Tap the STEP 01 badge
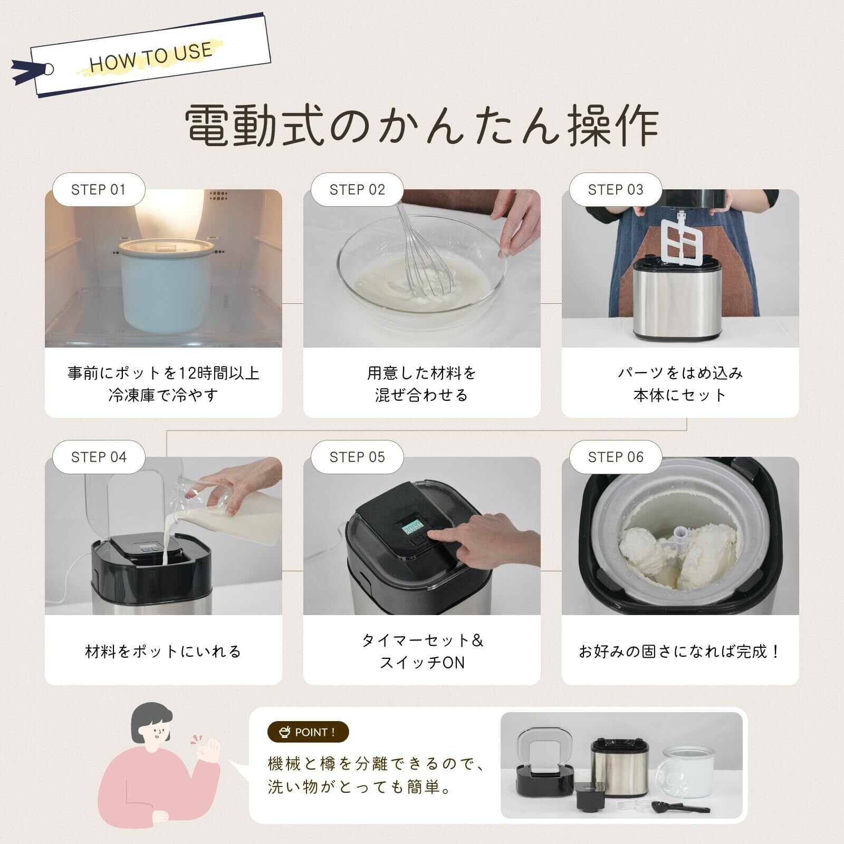tap(99, 189)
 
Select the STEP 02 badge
tap(357, 189)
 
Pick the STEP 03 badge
tap(616, 189)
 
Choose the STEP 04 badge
tap(99, 457)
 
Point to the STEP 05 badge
tap(357, 457)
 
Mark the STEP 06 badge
tap(616, 457)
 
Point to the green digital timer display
tap(412, 527)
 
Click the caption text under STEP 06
tap(680, 651)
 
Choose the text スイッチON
tap(422, 663)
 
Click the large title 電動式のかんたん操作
tap(422, 126)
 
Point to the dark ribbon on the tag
tap(29, 72)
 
